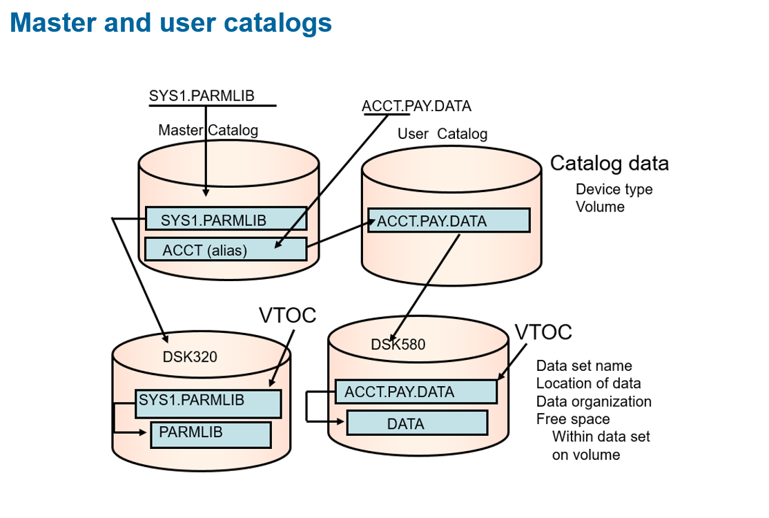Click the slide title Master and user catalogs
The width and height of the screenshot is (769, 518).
point(171,23)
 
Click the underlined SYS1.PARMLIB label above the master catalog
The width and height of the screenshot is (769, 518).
point(202,96)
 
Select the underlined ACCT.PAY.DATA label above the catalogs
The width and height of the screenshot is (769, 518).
point(416,106)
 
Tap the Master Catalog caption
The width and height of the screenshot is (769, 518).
point(208,130)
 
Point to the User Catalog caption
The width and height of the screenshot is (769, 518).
point(442,134)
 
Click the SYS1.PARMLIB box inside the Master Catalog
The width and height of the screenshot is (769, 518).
point(226,219)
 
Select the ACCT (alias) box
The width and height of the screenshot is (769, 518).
point(226,249)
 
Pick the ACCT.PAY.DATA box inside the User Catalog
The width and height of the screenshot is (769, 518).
point(449,221)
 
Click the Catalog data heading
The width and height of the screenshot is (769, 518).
point(610,164)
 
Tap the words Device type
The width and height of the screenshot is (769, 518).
point(614,189)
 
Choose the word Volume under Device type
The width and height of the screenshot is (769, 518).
point(600,207)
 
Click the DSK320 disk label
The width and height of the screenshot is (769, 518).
point(190,357)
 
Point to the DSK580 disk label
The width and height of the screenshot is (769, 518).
point(398,344)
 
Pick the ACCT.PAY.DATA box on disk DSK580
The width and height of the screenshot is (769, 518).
point(416,392)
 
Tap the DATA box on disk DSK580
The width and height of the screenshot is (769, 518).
point(417,423)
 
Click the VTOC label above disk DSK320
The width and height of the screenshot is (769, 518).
point(287,315)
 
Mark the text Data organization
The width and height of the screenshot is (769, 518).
point(594,401)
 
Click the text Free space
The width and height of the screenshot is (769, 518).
point(573,419)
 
